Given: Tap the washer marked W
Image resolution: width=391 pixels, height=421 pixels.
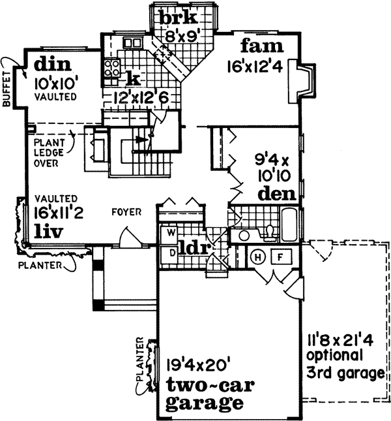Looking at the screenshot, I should click(171, 232).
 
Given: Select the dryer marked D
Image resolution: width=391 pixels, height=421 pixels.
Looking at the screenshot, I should click(171, 251).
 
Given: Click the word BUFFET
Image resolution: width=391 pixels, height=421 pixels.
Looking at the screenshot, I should click(8, 88).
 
